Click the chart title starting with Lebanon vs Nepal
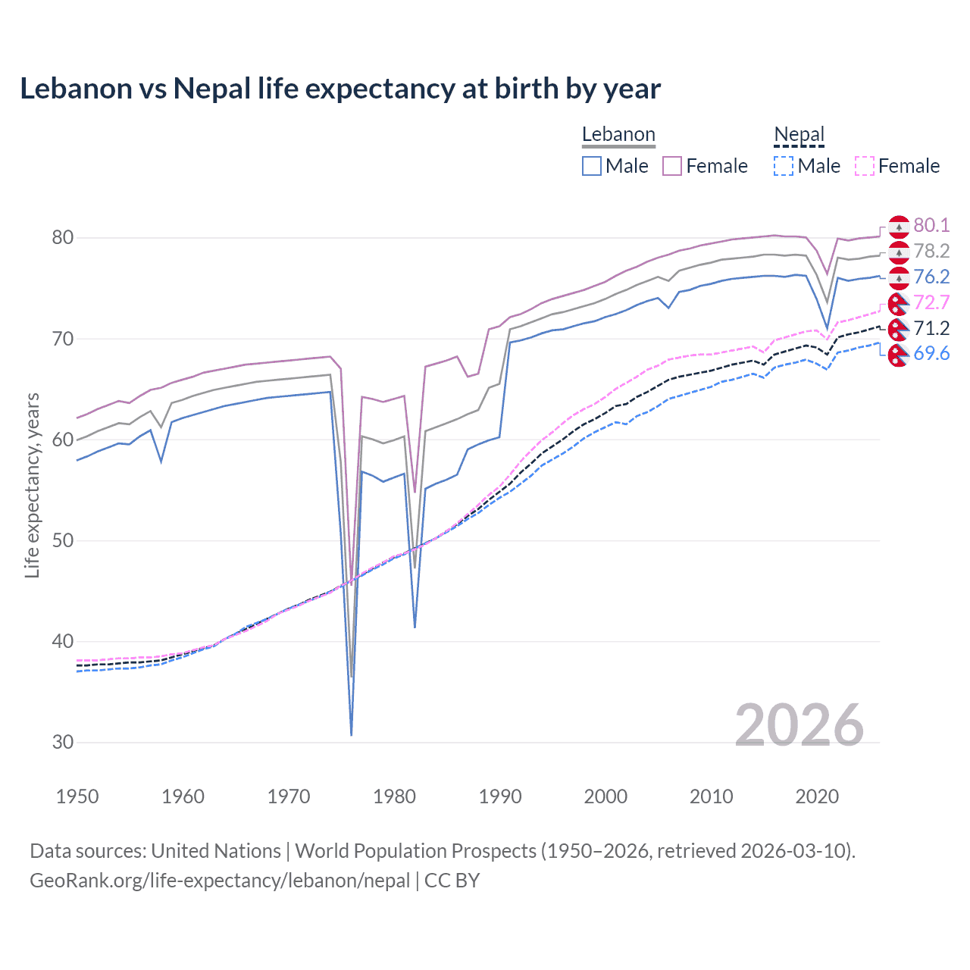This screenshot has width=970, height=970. (340, 89)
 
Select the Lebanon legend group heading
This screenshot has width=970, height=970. (618, 135)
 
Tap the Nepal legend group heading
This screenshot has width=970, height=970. (799, 135)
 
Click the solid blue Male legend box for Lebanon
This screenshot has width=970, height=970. (592, 166)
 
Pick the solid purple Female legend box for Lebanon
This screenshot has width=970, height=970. (672, 166)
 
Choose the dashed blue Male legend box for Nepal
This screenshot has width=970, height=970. (784, 166)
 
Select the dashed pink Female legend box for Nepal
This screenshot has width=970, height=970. (864, 166)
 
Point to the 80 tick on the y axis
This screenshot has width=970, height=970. (63, 238)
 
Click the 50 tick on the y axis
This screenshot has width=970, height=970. (63, 540)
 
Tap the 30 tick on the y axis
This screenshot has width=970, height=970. (63, 742)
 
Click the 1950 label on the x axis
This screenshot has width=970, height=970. (77, 796)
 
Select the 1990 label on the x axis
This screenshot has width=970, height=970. (500, 796)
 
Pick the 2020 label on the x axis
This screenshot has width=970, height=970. (817, 796)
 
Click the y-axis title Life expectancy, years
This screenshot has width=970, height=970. (32, 485)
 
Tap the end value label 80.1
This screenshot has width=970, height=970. (931, 225)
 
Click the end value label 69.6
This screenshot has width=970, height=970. (931, 354)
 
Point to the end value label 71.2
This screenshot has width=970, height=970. (931, 328)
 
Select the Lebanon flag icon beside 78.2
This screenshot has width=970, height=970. (899, 252)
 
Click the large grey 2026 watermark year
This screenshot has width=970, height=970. (799, 725)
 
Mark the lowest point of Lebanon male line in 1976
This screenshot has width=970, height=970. (352, 734)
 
